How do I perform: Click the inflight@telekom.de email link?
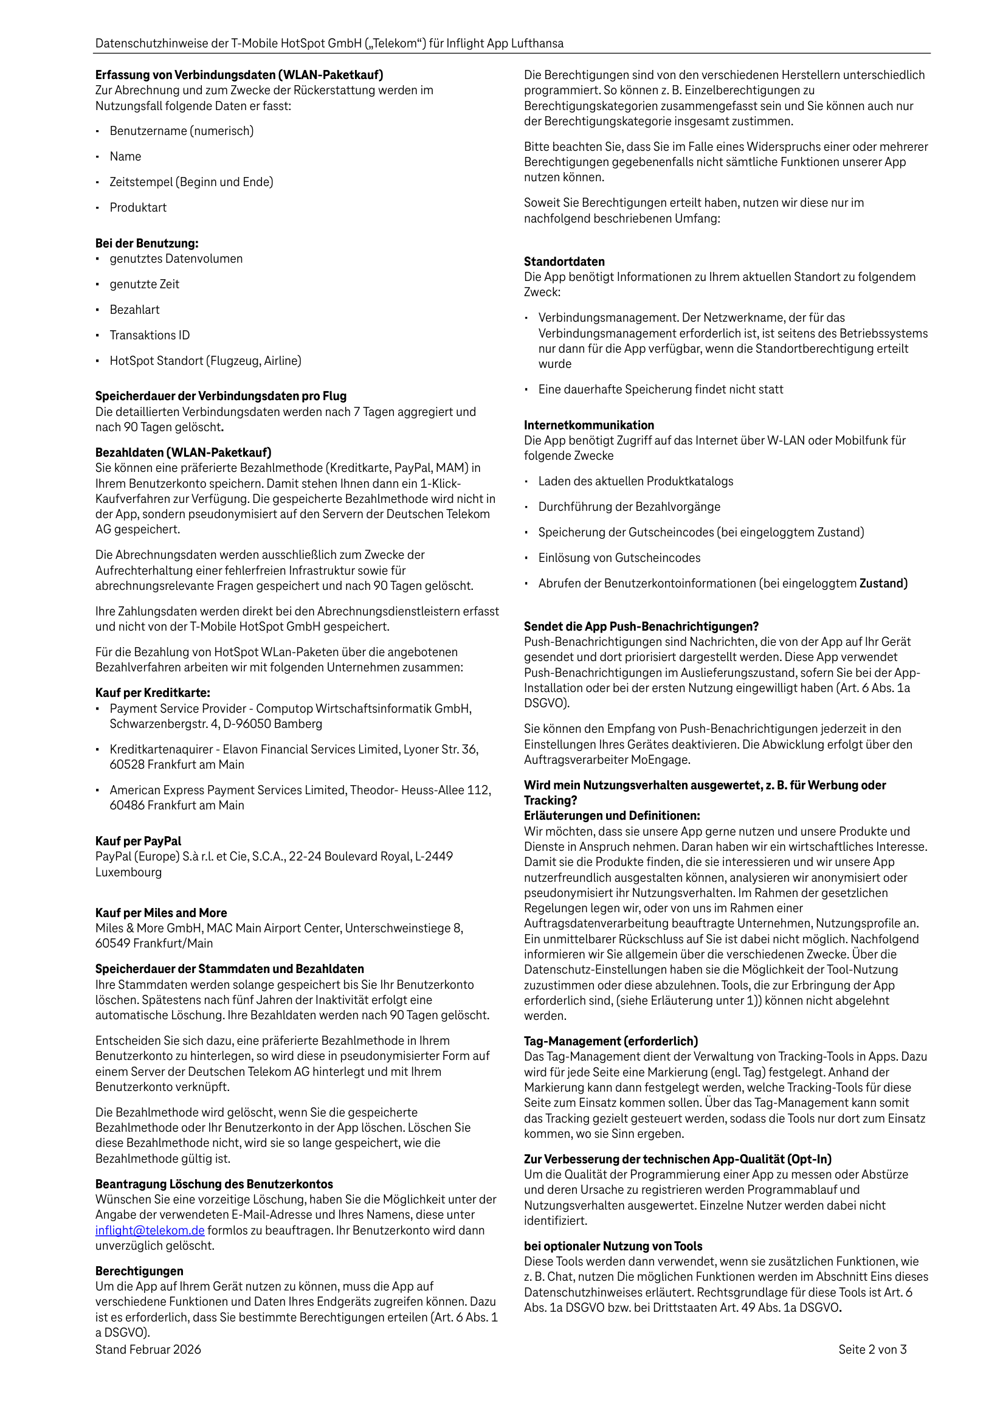150,1230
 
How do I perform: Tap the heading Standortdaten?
564,261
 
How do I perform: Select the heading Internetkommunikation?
588,425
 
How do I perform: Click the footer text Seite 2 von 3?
872,1349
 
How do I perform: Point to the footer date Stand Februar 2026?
148,1349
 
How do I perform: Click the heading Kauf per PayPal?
139,841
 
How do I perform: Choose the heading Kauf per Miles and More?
160,913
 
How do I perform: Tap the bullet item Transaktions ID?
150,335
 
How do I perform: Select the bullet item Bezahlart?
135,310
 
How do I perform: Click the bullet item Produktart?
138,208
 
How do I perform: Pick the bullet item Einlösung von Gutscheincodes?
619,558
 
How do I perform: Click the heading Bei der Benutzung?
146,244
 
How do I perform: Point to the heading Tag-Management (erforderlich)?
611,1041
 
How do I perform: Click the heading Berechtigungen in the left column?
139,1271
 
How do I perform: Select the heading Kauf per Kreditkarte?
153,693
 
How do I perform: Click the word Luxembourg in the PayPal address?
129,872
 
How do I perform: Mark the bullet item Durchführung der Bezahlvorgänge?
629,507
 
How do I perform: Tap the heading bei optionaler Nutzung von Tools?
613,1246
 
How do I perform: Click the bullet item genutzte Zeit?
144,285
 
